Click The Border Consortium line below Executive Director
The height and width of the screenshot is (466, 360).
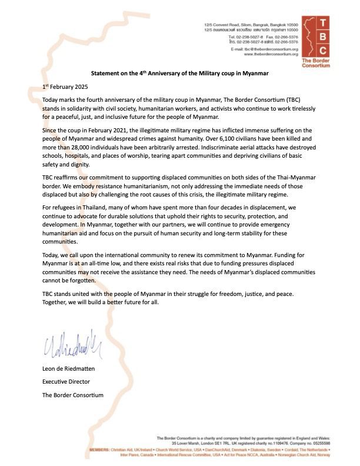(72, 395)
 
